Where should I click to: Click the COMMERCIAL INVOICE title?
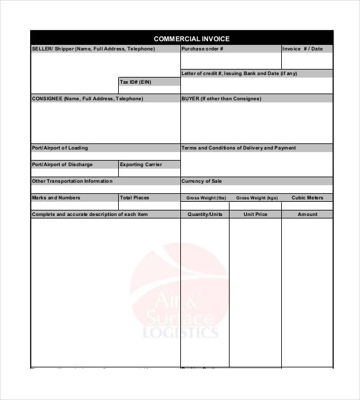[x=191, y=39]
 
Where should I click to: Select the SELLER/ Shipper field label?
[x=93, y=49]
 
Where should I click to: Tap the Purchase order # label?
[x=202, y=49]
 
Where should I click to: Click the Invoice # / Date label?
[x=302, y=49]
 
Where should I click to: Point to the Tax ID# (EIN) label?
[x=135, y=82]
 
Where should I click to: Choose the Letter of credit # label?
[x=239, y=73]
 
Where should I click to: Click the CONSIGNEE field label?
[x=87, y=98]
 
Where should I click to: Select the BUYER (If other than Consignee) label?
[x=222, y=98]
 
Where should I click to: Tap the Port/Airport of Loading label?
[x=60, y=148]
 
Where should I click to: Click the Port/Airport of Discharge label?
[x=62, y=165]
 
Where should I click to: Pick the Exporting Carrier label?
[x=141, y=165]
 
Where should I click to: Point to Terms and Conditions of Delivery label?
[x=239, y=148]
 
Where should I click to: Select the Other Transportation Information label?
[x=72, y=182]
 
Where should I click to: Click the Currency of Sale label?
[x=202, y=182]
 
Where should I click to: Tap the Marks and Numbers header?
[x=56, y=198]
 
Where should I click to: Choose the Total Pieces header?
[x=135, y=198]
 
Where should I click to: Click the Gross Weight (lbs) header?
[x=206, y=198]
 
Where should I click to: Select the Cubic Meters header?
[x=307, y=198]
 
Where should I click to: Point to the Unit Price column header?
[x=255, y=215]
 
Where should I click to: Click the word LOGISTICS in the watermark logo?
[x=180, y=333]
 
